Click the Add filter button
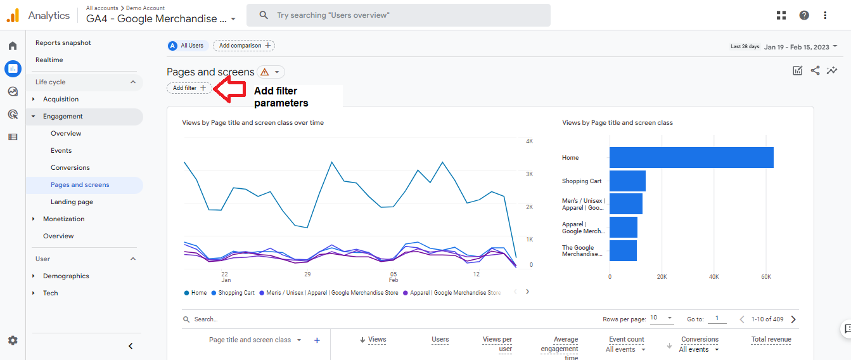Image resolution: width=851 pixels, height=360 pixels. tap(189, 88)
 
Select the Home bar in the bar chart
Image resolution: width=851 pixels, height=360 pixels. tap(691, 157)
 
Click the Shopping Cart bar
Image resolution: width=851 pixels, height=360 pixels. tap(627, 181)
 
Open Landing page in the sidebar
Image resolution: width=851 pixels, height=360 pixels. tap(72, 202)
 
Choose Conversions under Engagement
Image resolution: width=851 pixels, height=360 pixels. tap(70, 168)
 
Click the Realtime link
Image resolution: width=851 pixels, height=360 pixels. tap(49, 60)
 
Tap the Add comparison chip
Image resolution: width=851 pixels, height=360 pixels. tap(244, 46)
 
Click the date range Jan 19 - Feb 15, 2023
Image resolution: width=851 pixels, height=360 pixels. tap(797, 47)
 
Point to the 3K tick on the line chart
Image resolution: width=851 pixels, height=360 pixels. tap(529, 174)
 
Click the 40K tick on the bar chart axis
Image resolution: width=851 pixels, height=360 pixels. tap(714, 277)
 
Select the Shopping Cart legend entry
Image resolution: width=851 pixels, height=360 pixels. tap(233, 293)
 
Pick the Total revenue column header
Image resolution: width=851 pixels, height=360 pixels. tap(771, 339)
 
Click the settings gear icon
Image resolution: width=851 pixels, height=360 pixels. tap(13, 340)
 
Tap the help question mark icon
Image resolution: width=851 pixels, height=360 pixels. tap(804, 15)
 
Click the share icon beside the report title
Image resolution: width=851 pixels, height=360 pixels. tap(815, 70)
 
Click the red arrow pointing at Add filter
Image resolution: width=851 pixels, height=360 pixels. tap(229, 89)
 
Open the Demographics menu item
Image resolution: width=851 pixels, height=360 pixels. tap(66, 276)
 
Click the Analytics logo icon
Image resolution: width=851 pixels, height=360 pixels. tap(13, 16)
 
